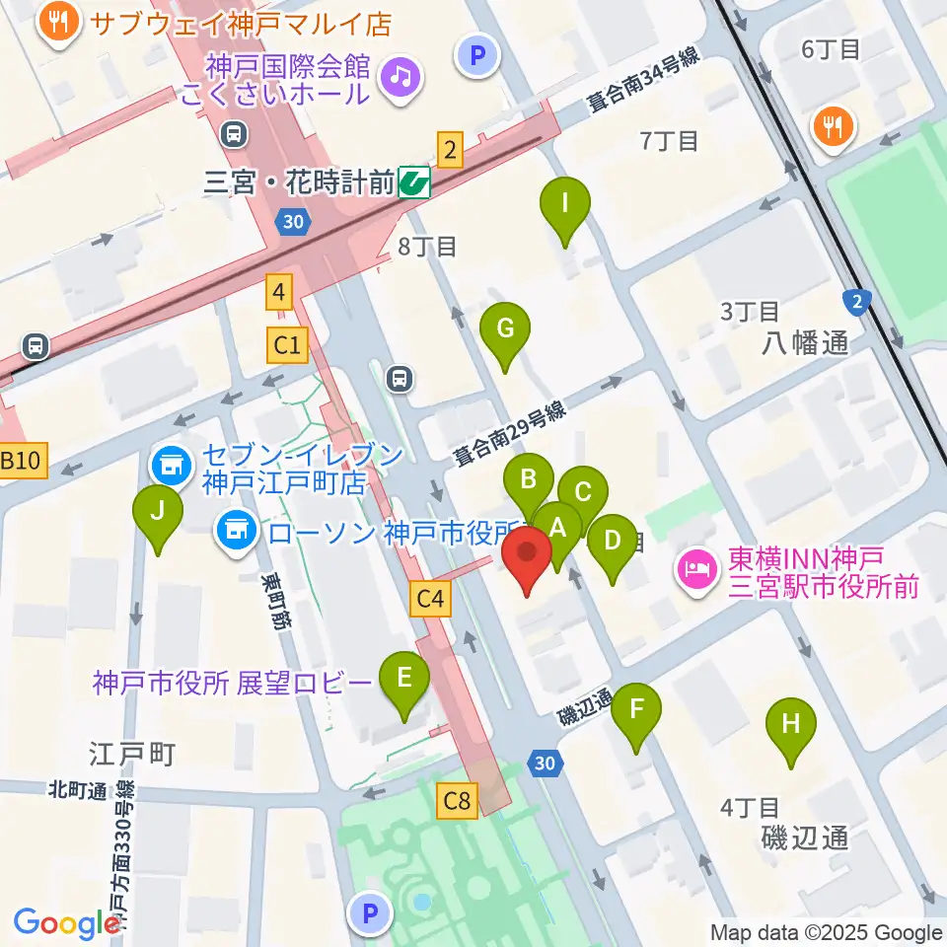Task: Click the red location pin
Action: click(x=527, y=558)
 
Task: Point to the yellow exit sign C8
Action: click(x=457, y=800)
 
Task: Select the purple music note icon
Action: click(x=401, y=76)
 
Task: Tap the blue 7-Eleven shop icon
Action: click(x=171, y=462)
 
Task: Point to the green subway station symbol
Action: click(x=415, y=182)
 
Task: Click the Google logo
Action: click(x=65, y=922)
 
